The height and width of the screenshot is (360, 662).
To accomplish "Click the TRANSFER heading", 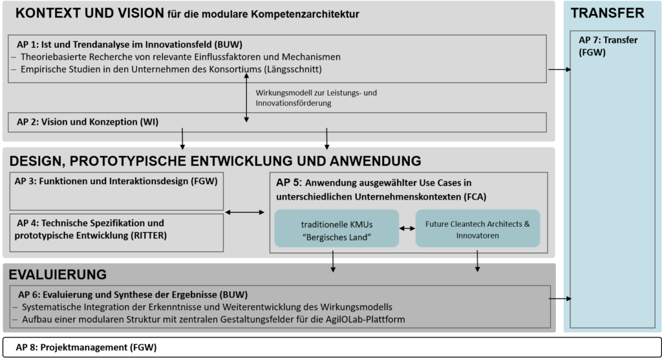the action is pos(607,13).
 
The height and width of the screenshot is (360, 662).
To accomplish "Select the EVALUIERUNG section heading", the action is pos(58,274).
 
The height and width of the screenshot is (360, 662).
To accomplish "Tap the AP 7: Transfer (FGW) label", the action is pos(608,46).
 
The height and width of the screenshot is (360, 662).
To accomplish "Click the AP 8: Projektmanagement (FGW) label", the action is pos(86,347).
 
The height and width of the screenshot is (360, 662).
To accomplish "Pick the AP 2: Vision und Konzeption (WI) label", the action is pos(87,122).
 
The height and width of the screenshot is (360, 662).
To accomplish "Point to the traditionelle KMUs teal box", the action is pos(336,228).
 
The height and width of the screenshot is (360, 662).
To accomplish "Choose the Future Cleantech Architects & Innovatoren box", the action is pos(478,228).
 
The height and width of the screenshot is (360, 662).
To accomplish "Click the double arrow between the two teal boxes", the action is pos(407,228).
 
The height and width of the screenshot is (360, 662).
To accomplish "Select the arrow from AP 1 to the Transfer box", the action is pos(559,69).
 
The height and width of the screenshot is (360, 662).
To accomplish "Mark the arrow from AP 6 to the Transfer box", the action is pos(561,299).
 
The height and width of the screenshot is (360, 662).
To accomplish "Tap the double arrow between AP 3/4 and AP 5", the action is pos(244,212).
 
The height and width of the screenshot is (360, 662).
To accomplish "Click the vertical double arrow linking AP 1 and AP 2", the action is pos(246,98).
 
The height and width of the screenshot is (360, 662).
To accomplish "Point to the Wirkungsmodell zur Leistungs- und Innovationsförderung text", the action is pos(316,98).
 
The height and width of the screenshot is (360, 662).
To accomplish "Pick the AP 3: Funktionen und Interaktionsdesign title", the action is pos(116,182).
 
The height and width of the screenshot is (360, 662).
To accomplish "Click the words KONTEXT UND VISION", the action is pos(89,13).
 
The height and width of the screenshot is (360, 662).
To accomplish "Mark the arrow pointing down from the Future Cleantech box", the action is pos(478,261).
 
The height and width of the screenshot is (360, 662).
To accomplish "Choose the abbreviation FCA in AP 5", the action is pos(475,196).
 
